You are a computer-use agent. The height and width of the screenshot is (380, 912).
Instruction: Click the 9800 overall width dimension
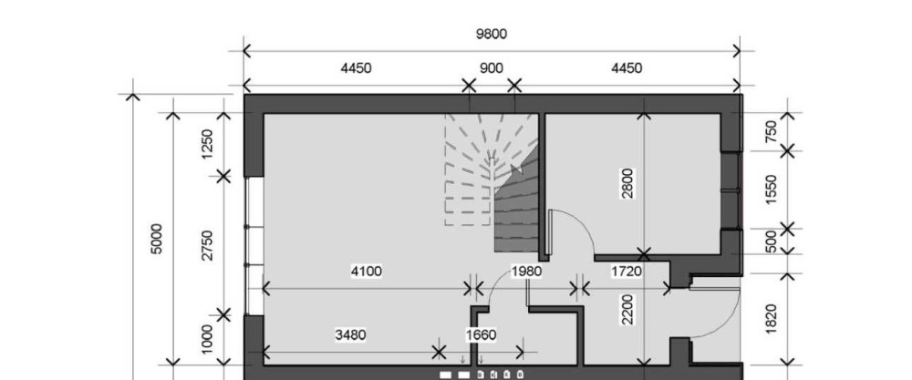[492, 35]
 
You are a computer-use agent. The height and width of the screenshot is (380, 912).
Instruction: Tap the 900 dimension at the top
[492, 68]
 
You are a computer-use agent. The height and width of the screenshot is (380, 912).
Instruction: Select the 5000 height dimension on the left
[156, 238]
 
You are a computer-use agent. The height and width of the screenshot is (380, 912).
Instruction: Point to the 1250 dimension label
[207, 143]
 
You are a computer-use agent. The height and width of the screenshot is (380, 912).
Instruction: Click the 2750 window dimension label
[207, 245]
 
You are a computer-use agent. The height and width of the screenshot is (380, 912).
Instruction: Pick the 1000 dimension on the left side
[207, 339]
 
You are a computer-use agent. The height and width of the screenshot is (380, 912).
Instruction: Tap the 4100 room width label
[367, 272]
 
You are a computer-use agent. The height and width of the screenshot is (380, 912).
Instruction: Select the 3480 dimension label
[351, 335]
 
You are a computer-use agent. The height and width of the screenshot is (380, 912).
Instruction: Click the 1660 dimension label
[481, 335]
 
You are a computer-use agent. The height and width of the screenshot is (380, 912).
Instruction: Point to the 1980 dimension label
[526, 272]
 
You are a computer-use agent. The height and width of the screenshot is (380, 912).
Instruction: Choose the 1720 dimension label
[627, 272]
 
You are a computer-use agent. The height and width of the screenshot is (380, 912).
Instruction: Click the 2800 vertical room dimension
[627, 183]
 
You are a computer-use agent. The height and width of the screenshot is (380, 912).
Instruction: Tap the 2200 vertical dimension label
[627, 310]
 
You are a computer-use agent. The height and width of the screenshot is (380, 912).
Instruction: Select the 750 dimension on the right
[771, 131]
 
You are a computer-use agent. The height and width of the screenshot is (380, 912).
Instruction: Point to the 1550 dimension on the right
[771, 190]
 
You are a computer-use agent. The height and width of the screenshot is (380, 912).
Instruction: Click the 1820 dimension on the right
[771, 318]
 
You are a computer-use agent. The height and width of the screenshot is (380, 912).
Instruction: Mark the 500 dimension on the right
[771, 241]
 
